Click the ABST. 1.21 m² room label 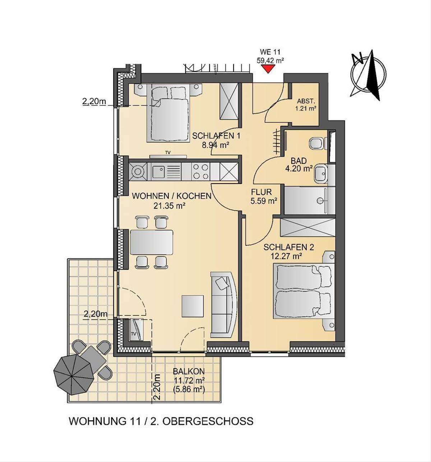(x=306, y=105)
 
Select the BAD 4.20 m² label (x=299, y=165)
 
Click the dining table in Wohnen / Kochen (x=152, y=242)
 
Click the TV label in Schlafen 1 (x=168, y=153)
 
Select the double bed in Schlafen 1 (x=167, y=113)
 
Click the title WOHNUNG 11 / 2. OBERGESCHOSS (x=161, y=421)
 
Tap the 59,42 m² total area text (x=270, y=61)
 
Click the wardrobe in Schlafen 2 (x=308, y=228)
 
